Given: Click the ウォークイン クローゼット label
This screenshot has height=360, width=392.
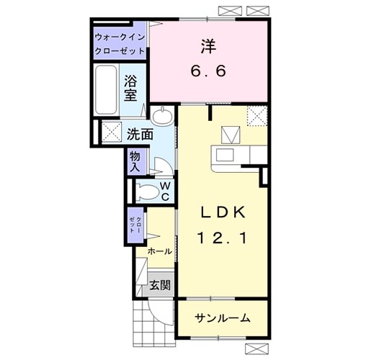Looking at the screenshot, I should (x=120, y=44).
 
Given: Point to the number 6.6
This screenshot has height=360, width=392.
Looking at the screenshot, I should (x=209, y=73).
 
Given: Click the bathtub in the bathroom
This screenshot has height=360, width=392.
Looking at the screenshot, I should (x=106, y=90).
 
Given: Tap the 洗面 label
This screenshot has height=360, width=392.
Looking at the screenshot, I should (x=141, y=134).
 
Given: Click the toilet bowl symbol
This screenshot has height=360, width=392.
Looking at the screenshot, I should (x=146, y=192).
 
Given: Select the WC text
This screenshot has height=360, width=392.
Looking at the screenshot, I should (x=165, y=191).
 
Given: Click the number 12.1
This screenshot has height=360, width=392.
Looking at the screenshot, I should (x=223, y=238).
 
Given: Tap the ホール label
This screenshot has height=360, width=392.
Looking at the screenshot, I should (x=159, y=251).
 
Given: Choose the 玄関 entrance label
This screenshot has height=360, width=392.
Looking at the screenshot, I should (x=160, y=285).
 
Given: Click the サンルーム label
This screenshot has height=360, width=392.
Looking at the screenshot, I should (x=223, y=318).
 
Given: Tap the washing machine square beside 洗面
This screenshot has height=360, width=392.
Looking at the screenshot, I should (x=112, y=132).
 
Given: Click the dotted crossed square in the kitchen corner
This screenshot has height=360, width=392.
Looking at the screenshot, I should (x=256, y=115).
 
